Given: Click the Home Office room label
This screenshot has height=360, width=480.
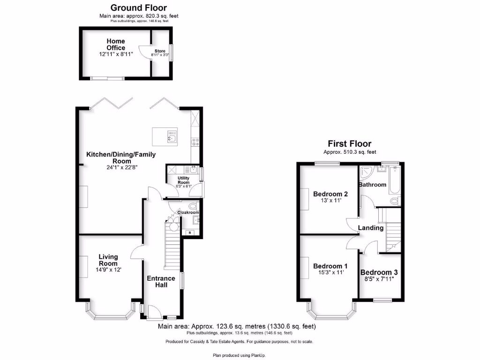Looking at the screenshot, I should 115,45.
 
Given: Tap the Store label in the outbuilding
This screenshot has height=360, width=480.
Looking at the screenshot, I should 160,51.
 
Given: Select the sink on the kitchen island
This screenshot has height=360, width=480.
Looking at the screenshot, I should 172,138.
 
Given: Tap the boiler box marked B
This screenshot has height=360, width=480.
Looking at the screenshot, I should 190,232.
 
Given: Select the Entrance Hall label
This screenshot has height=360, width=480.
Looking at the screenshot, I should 161,282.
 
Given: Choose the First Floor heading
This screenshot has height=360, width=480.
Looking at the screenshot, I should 349,144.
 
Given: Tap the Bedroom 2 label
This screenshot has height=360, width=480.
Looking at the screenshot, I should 330,194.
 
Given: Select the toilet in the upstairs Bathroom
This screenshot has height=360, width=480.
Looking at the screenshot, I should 395,201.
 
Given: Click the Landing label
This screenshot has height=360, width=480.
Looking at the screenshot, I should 371,228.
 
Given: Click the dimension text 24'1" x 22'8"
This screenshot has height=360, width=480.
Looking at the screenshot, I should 121,166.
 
